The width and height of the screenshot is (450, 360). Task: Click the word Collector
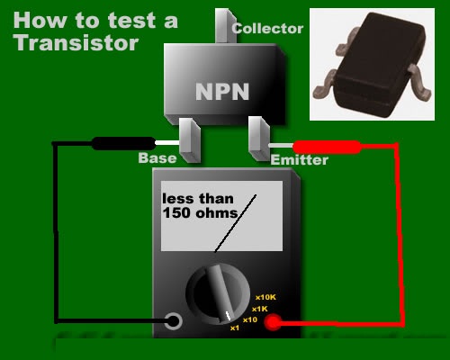[267, 29]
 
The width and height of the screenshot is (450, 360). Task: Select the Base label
[157, 159]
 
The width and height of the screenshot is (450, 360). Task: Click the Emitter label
[299, 160]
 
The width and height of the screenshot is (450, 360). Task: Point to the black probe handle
[121, 142]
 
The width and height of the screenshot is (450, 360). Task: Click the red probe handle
[327, 146]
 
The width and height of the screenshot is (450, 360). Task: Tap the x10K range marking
[266, 297]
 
